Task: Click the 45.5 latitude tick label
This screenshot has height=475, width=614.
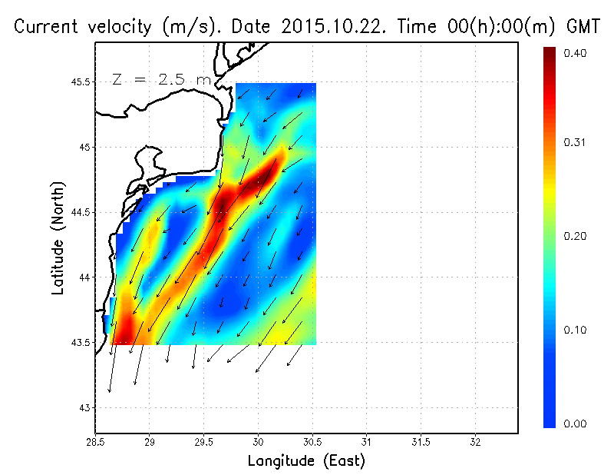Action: [x=79, y=81]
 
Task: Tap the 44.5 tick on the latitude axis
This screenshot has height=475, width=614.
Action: [x=79, y=212]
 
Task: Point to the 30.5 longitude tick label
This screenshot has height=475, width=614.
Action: [x=312, y=443]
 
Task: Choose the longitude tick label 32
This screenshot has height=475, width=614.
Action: [x=475, y=443]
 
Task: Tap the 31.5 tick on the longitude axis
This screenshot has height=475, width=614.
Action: [x=421, y=443]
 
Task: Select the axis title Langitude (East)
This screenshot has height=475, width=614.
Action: [x=306, y=461]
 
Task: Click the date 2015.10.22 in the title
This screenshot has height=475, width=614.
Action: [x=333, y=27]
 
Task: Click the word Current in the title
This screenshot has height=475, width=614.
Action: [x=48, y=27]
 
